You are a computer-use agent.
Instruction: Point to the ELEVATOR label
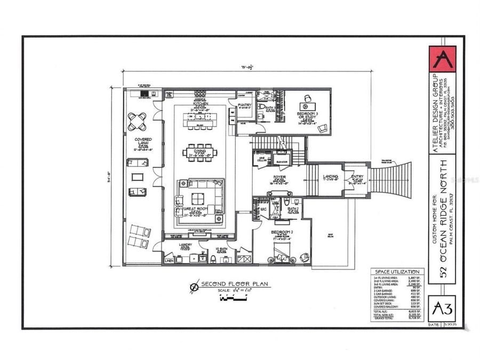[x=282, y=162]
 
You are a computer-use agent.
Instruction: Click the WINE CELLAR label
[x=262, y=161]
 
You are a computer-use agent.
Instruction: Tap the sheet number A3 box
[x=442, y=308]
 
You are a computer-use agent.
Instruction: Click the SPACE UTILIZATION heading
[x=398, y=271]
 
